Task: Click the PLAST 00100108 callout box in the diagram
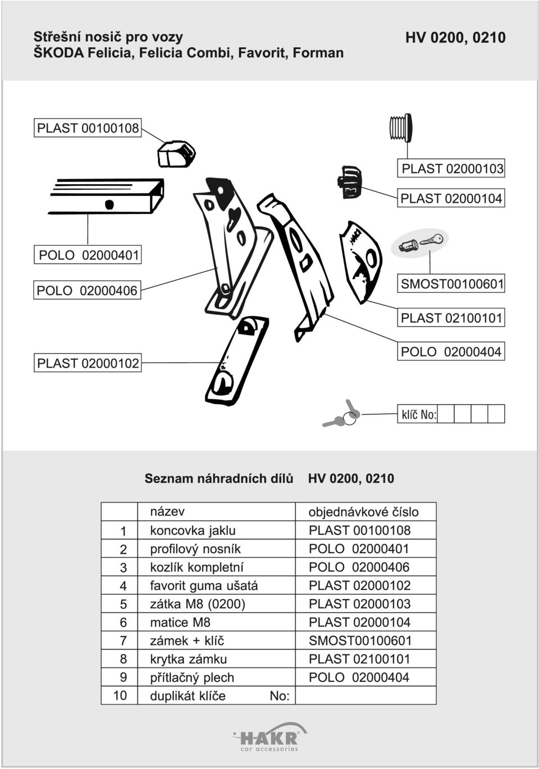(88, 128)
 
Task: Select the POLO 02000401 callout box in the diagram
(88, 255)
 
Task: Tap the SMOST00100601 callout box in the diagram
(451, 283)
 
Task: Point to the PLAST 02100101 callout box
(451, 318)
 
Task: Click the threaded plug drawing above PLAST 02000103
(401, 127)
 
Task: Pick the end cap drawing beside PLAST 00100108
(176, 153)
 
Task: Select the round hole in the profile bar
(109, 204)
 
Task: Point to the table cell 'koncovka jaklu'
(193, 530)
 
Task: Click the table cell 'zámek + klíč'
(187, 640)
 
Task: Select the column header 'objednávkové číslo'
(364, 512)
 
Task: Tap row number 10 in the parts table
(120, 695)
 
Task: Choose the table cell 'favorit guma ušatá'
(204, 585)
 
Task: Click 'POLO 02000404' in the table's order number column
(359, 677)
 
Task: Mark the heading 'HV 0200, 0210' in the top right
(455, 38)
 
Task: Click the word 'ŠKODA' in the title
(58, 53)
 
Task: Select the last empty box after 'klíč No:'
(496, 414)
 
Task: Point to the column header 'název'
(167, 511)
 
